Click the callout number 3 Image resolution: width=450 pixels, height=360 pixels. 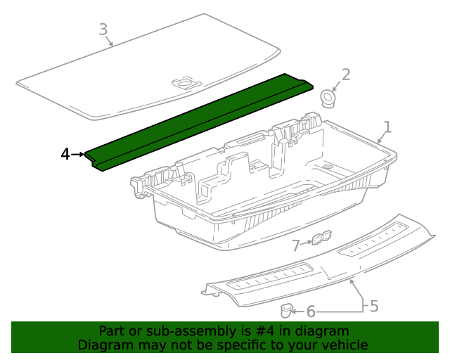103,30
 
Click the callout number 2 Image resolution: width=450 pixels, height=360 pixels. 346,75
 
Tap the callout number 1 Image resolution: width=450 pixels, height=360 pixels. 387,127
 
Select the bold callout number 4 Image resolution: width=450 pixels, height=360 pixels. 65,155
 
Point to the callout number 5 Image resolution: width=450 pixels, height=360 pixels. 374,306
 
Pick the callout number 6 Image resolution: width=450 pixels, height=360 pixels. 311,311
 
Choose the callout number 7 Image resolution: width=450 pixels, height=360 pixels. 295,245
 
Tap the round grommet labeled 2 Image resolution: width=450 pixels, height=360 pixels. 328,98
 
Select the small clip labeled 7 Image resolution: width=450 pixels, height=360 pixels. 321,238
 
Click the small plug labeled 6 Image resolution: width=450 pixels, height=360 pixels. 285,311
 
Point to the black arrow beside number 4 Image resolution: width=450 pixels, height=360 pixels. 78,155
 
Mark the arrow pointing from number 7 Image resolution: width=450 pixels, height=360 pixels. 306,243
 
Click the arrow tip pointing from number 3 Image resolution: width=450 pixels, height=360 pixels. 112,46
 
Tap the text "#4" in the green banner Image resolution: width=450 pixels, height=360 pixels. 264,331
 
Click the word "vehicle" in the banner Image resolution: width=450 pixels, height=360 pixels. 349,345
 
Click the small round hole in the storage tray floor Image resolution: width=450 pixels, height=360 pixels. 327,167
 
